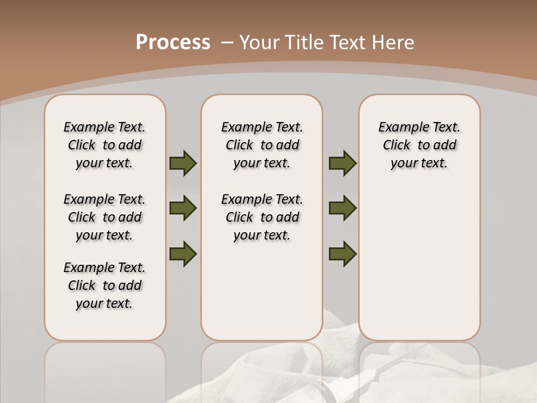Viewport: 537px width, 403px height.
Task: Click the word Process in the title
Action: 173,43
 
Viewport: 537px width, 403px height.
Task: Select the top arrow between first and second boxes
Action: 183,163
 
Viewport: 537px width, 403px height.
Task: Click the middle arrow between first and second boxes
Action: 183,208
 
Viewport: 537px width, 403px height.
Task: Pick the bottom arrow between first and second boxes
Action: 183,254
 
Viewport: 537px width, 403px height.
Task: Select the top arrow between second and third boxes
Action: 342,163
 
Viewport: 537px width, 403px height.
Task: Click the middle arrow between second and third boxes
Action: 342,208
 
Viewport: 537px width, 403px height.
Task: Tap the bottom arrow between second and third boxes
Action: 342,254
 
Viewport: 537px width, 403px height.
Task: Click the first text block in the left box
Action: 105,145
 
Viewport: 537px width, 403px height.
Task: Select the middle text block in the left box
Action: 105,217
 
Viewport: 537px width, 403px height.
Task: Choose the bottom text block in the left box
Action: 105,285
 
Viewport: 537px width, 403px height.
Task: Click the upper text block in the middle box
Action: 262,145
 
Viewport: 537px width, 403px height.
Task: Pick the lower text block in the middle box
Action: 262,217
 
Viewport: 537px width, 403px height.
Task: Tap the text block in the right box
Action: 419,145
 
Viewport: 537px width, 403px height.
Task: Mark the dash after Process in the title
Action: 227,43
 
